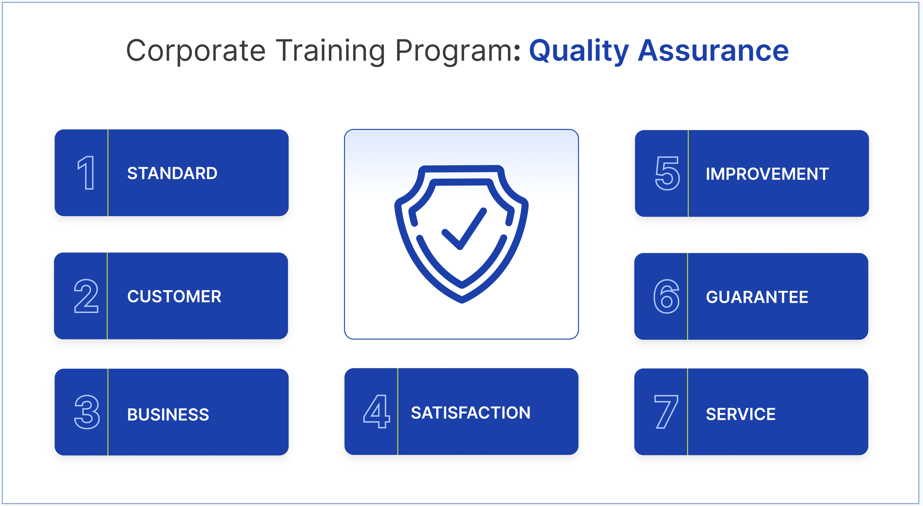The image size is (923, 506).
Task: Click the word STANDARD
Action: pyautogui.click(x=172, y=174)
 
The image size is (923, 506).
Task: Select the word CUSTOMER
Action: pyautogui.click(x=174, y=297)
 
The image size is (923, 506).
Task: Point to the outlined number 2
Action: pyautogui.click(x=86, y=296)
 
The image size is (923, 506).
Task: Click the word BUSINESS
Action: pyautogui.click(x=168, y=415)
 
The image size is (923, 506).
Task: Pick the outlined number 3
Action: pyautogui.click(x=87, y=412)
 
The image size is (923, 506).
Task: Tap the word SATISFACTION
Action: pyautogui.click(x=470, y=413)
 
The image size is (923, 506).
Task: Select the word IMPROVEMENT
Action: pyautogui.click(x=767, y=174)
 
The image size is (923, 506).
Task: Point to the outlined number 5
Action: pyautogui.click(x=667, y=174)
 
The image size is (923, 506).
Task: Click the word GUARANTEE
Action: pyautogui.click(x=757, y=297)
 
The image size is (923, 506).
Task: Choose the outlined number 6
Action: pyautogui.click(x=666, y=297)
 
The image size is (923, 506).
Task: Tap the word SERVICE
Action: pyautogui.click(x=741, y=414)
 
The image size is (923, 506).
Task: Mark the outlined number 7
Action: pyautogui.click(x=666, y=412)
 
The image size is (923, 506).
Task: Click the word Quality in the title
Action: pyautogui.click(x=579, y=51)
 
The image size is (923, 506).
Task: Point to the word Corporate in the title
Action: pyautogui.click(x=196, y=51)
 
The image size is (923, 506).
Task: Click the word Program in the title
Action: pyautogui.click(x=454, y=51)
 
